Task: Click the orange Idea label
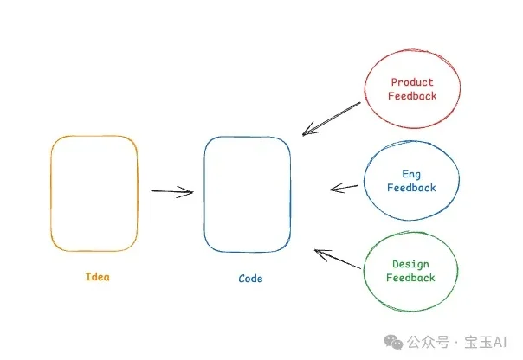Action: [x=98, y=277]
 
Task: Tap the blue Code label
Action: [x=250, y=279]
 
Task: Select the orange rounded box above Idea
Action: [x=94, y=193]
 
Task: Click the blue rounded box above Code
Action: [x=248, y=194]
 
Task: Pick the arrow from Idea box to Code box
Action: [x=171, y=191]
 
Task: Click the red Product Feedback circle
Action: [x=412, y=89]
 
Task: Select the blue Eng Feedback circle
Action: [x=411, y=181]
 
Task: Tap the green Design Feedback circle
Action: [x=410, y=271]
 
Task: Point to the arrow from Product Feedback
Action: [x=331, y=119]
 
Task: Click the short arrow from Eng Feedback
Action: [x=344, y=187]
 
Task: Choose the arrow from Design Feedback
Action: [x=337, y=259]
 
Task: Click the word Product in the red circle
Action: [x=412, y=83]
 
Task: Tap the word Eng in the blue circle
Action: [x=411, y=174]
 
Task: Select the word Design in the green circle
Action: [x=410, y=264]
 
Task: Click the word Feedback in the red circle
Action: [x=412, y=96]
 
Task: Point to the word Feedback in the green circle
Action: [x=410, y=278]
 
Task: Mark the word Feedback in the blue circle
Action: [x=411, y=188]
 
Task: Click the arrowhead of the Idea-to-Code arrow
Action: [x=189, y=192]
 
